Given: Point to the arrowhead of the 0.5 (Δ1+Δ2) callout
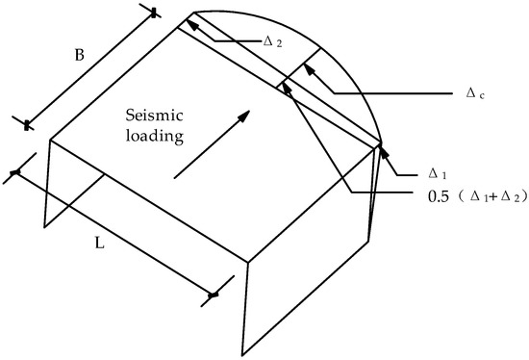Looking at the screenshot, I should [x=283, y=89].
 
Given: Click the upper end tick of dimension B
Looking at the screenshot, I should [x=153, y=12].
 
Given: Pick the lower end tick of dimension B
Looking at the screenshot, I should [x=26, y=123].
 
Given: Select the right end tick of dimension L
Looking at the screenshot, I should [x=214, y=293].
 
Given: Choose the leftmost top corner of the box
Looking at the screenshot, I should [x=50, y=141].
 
